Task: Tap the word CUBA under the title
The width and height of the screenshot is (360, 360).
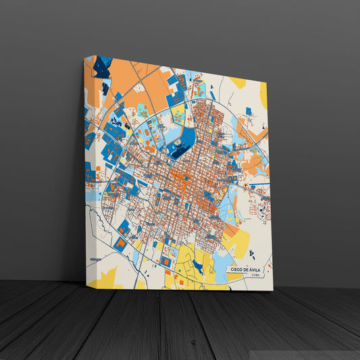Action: (254, 275)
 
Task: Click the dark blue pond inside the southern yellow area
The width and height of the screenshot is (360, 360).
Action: (197, 266)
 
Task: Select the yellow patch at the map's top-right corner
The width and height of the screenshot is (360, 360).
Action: (237, 82)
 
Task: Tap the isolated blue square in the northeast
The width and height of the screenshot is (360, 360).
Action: (249, 111)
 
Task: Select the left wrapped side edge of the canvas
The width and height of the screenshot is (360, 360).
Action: (88, 169)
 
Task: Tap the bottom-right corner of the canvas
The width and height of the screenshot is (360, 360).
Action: (272, 290)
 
